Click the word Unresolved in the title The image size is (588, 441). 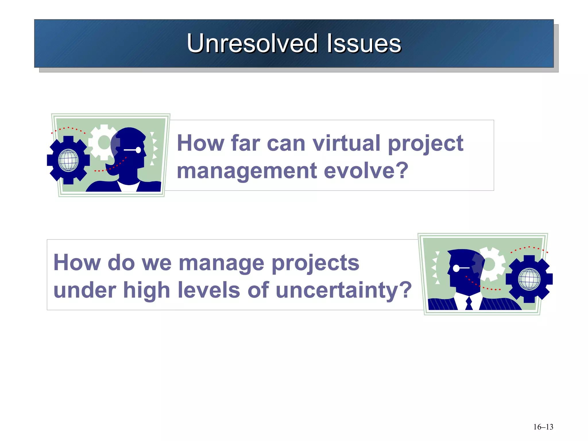[x=252, y=44]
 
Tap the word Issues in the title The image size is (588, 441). [x=364, y=44]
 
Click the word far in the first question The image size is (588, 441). [x=245, y=143]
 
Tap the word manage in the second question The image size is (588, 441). [x=221, y=263]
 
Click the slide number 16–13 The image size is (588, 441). [x=543, y=427]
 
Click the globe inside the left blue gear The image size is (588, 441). [x=68, y=160]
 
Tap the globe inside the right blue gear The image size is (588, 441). [x=529, y=279]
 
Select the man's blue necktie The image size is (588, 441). [x=469, y=303]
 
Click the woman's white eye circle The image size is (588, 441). [x=138, y=150]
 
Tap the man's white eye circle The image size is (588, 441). [x=456, y=268]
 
